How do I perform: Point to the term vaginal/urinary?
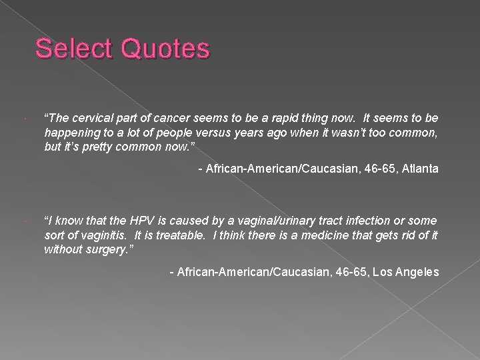tap(274, 221)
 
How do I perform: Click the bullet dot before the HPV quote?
tap(23, 221)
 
